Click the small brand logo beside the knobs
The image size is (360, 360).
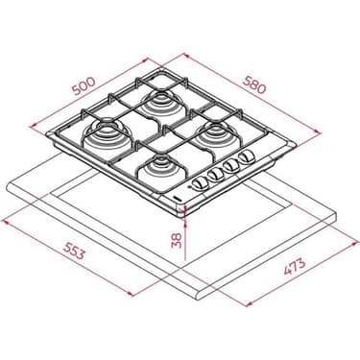pyautogui.click(x=182, y=196)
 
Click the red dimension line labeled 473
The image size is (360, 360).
pyautogui.click(x=278, y=274)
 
